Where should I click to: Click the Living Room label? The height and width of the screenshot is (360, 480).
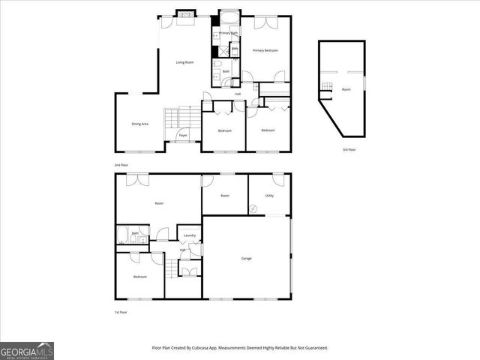tap(184, 62)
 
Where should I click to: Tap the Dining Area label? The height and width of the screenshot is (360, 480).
tap(139, 124)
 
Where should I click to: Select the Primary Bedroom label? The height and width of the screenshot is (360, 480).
tap(265, 50)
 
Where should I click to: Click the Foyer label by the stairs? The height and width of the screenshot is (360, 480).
tap(182, 135)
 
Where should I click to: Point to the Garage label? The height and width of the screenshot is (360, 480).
tap(246, 258)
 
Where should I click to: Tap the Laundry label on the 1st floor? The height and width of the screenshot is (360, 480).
tap(190, 235)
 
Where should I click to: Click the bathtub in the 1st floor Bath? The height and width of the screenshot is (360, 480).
tap(124, 238)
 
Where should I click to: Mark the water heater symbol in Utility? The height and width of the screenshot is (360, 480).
tap(254, 209)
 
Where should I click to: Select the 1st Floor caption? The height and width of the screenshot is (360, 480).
tap(121, 311)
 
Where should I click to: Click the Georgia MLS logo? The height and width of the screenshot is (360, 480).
tap(26, 350)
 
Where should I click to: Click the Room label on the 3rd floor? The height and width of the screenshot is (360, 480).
tap(346, 89)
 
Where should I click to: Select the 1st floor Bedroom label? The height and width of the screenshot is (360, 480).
tap(139, 277)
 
